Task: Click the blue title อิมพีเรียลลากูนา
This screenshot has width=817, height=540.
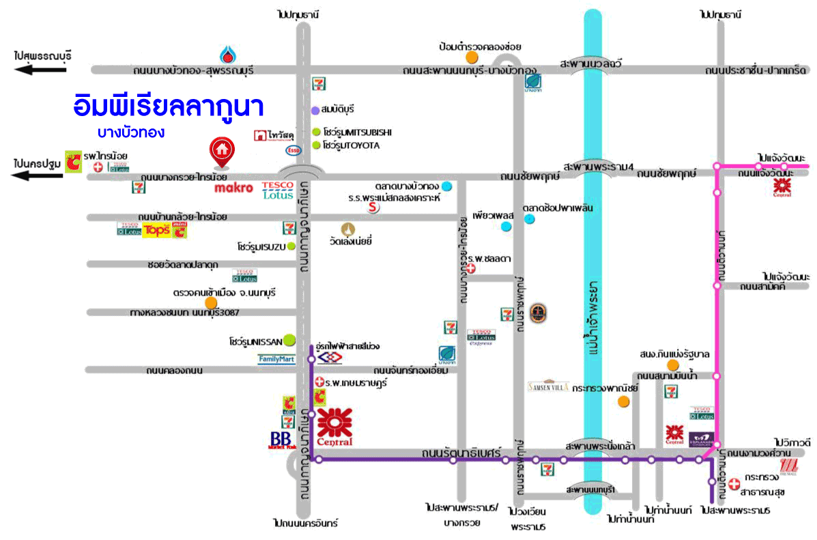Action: coord(168,107)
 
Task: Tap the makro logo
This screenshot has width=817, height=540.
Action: coord(233,188)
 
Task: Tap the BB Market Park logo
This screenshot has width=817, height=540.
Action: coord(281,440)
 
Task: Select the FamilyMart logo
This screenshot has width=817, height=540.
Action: coord(276,359)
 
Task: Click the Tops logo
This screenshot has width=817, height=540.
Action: coord(156,231)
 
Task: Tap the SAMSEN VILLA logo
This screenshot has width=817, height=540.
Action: coord(548,386)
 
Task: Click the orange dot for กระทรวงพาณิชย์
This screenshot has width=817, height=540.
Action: coord(623,401)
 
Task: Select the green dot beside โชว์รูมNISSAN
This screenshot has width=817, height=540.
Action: coord(289,338)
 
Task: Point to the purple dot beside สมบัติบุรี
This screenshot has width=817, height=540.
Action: coord(315,109)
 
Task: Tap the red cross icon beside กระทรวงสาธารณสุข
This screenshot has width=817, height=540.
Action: coord(734,483)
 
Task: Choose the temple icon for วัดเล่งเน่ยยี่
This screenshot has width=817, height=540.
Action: coord(349,229)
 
